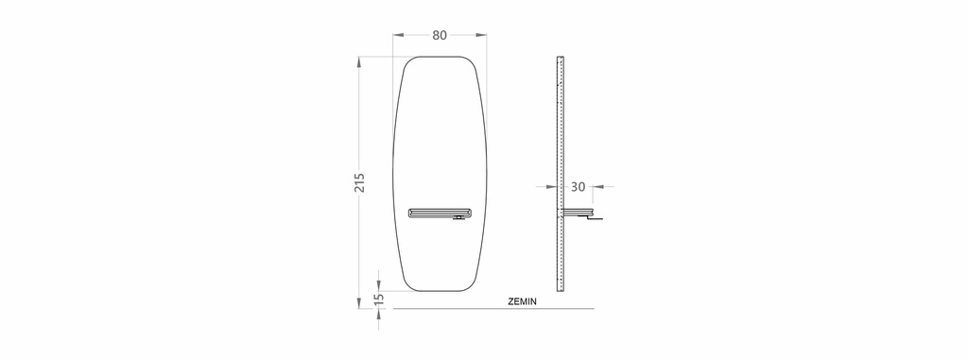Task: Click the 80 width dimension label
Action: pos(439,35)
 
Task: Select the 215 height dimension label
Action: pos(359,182)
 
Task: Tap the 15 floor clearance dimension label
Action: pos(380,299)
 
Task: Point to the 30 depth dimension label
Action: pos(578,186)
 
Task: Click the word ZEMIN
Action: pos(522,302)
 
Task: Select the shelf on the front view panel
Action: pos(439,213)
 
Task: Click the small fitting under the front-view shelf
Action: pos(458,218)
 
